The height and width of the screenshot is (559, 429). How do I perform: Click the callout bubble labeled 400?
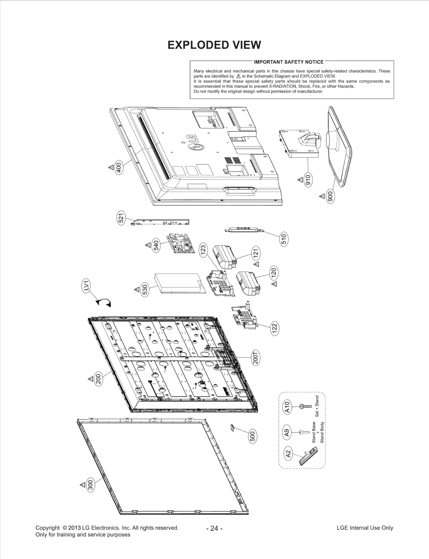[x=119, y=167]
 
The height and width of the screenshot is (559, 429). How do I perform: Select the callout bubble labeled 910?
[x=308, y=180]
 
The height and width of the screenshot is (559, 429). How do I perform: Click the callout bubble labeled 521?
[x=121, y=218]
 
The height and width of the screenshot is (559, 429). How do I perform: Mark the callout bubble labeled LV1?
[x=86, y=287]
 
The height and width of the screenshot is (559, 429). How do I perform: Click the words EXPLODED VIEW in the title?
[x=214, y=45]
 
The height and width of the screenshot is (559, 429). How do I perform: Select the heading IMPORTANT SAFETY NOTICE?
[x=289, y=62]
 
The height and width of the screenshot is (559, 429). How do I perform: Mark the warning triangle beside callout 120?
[x=274, y=284]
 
